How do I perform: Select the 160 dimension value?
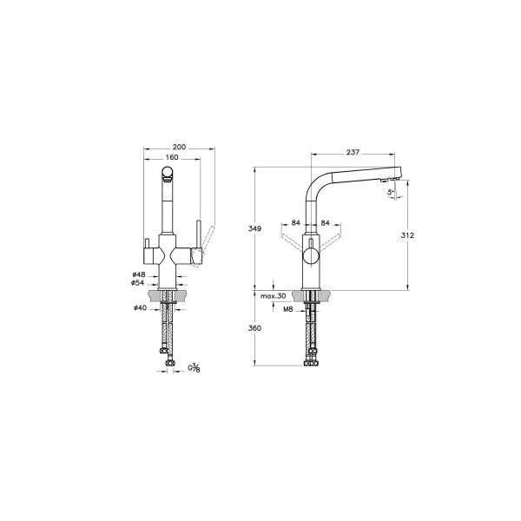point(170,158)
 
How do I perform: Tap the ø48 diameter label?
point(138,275)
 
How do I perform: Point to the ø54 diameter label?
point(138,283)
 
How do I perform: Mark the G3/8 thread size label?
point(194,368)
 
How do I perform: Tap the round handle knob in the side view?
point(310,258)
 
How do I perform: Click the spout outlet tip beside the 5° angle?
point(382,181)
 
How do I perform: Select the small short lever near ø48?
point(147,242)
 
